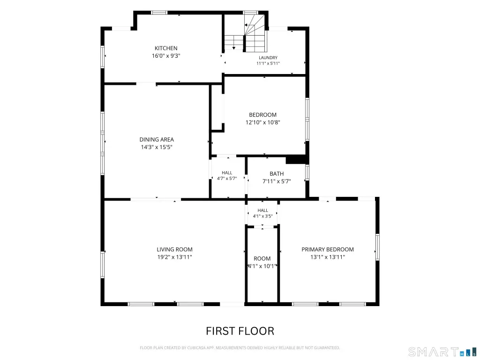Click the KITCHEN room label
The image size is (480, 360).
click(166, 48)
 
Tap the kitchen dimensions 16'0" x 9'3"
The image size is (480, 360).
click(166, 56)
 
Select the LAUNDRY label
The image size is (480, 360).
click(268, 58)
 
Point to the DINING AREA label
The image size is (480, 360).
click(157, 139)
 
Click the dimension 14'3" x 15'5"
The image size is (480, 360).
click(157, 147)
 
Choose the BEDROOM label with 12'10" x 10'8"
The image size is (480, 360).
click(262, 115)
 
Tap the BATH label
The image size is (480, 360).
click(277, 173)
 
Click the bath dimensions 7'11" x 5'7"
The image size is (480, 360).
click(277, 181)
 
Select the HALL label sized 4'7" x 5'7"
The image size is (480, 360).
click(227, 172)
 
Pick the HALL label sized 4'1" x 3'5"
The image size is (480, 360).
click(262, 210)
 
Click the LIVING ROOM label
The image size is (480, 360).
click(174, 249)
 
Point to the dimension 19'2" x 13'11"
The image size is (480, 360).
click(174, 257)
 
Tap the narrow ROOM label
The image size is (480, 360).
click(262, 258)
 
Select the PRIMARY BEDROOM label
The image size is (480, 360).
click(328, 249)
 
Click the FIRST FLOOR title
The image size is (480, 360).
click(240, 331)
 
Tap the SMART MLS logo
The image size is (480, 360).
click(442, 352)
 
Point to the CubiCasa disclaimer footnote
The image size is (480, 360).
click(240, 348)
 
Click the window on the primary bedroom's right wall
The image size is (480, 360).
click(377, 247)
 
